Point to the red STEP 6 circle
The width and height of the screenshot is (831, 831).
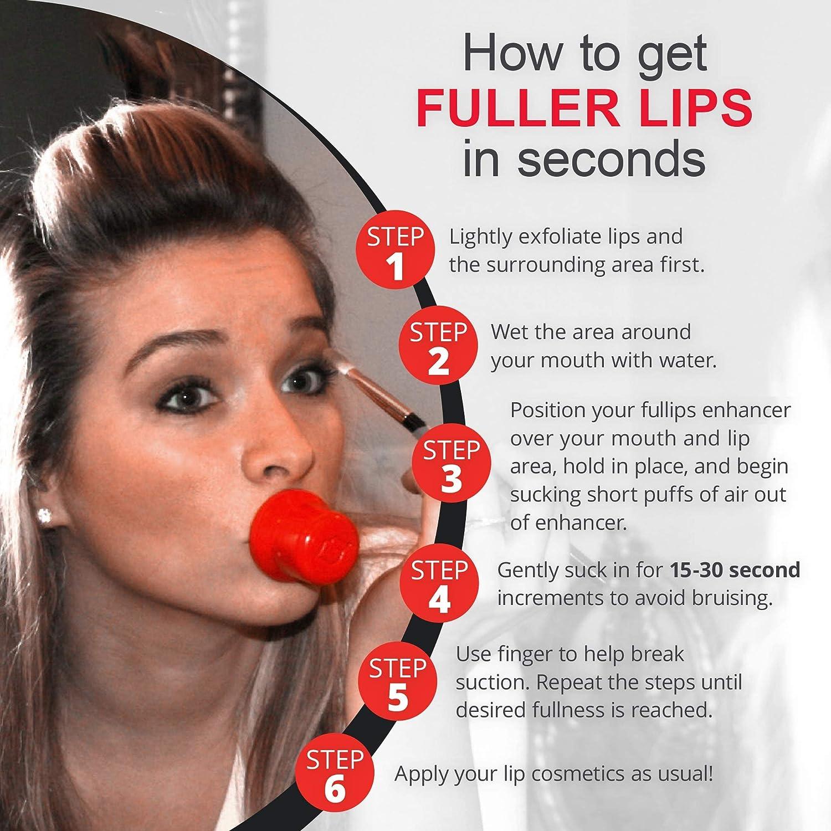tap(334, 773)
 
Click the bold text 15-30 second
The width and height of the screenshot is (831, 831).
tap(735, 570)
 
